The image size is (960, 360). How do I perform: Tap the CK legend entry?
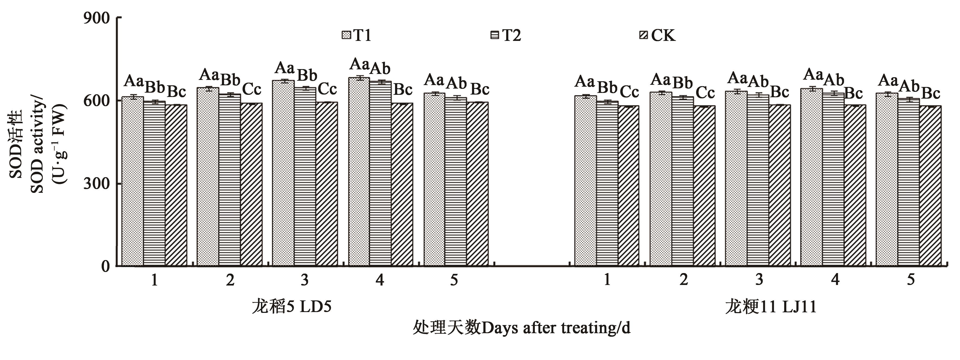click(657, 35)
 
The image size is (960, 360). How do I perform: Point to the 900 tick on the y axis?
click(96, 18)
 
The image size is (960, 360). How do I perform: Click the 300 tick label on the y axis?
click(96, 183)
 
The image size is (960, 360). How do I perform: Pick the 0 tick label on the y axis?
click(105, 266)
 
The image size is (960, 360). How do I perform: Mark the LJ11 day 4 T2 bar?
click(833, 179)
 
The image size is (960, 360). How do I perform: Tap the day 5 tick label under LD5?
click(454, 280)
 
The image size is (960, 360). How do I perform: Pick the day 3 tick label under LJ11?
click(759, 280)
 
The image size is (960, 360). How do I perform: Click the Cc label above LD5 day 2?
click(252, 89)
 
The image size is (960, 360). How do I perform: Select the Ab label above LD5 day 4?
click(380, 68)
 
